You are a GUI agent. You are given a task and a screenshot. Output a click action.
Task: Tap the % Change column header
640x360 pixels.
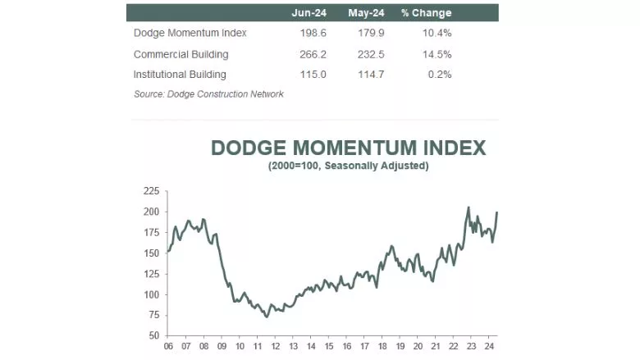tap(426, 13)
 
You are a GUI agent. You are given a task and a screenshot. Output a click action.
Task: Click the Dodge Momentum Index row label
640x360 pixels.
tap(190, 33)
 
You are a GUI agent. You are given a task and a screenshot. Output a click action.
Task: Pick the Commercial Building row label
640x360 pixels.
tap(181, 54)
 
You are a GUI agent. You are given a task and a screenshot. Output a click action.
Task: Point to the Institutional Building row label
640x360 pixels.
tap(181, 75)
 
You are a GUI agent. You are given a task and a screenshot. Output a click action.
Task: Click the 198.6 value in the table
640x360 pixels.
tap(313, 33)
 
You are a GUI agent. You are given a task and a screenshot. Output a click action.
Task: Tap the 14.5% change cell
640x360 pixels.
tap(437, 54)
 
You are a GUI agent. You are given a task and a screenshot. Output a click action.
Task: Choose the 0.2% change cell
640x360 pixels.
tap(440, 75)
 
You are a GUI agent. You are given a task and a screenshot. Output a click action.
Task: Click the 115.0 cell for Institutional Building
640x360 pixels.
tap(313, 75)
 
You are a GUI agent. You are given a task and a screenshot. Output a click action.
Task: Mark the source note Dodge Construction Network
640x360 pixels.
tap(208, 94)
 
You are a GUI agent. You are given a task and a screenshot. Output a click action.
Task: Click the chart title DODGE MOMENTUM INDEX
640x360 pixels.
tap(348, 148)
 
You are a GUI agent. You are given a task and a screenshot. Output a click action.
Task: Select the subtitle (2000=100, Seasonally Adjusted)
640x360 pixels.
tap(348, 166)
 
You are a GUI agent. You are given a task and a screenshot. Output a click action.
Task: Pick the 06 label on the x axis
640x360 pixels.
tap(167, 347)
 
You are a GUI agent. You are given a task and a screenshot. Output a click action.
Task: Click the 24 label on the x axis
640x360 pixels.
tap(490, 347)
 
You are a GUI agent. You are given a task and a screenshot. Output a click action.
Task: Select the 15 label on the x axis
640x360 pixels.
tap(328, 347)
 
